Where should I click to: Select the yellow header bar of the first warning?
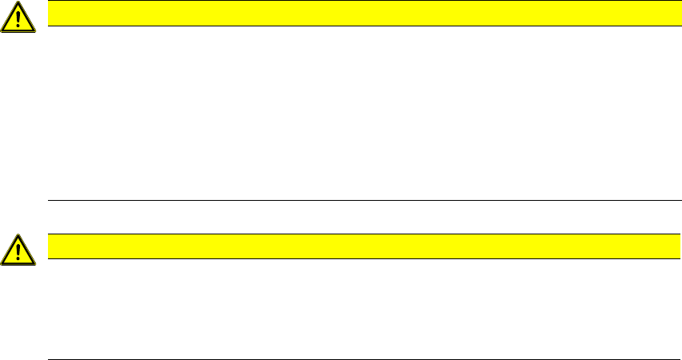(x=360, y=13)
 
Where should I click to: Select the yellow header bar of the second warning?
(x=360, y=246)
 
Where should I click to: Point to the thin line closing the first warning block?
(x=360, y=200)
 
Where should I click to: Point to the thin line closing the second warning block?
(x=360, y=359)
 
